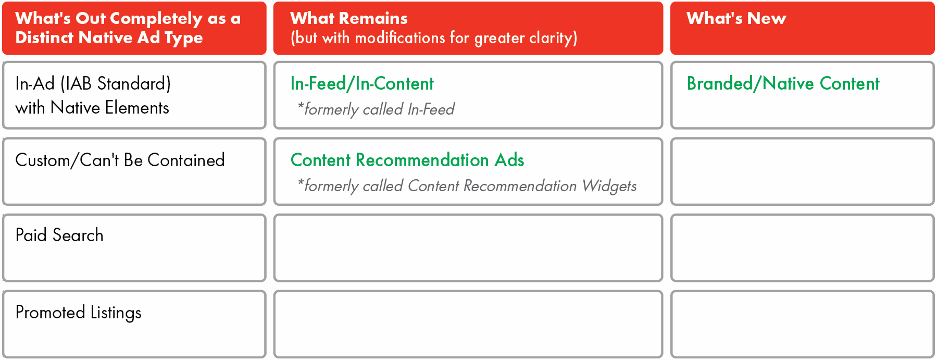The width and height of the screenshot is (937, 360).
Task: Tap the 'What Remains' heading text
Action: coord(349,18)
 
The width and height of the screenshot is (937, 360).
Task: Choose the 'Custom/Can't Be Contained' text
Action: coord(120,160)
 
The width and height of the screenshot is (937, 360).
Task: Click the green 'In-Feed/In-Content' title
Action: coord(362,83)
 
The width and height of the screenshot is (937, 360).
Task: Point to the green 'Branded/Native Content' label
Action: coord(783,83)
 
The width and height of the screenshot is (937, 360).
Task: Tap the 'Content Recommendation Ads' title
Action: coord(407,160)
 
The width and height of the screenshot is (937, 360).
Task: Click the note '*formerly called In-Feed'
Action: coord(376,109)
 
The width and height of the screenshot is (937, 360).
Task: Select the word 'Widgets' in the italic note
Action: coord(609,186)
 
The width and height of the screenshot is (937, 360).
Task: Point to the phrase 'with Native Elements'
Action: coord(92,108)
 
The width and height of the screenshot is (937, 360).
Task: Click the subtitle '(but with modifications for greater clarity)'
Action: coord(434,38)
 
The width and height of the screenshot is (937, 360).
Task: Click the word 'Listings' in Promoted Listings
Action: coord(116,313)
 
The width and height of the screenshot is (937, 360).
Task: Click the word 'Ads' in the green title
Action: coord(509,160)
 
